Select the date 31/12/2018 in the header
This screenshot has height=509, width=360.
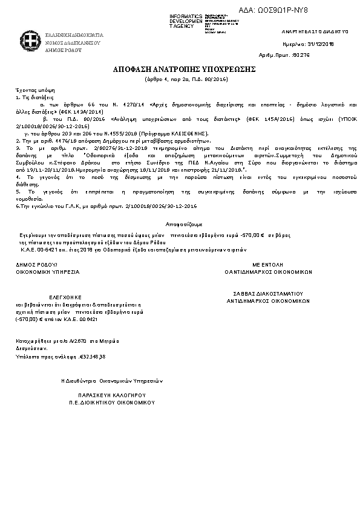point(322,44)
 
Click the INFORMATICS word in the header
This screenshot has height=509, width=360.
point(186,16)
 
